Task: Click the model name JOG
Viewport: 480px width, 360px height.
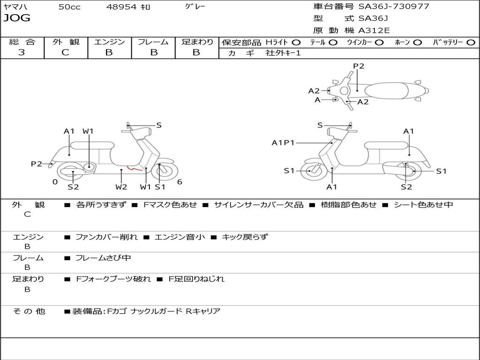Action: click(x=17, y=18)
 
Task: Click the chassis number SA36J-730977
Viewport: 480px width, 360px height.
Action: click(x=394, y=7)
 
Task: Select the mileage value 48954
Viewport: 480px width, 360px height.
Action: click(x=121, y=7)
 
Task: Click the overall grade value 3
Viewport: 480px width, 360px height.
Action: click(x=22, y=52)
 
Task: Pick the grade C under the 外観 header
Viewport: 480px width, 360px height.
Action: click(x=65, y=52)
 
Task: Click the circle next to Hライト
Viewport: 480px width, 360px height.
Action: click(x=296, y=43)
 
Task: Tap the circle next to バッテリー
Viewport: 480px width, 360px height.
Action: click(x=471, y=43)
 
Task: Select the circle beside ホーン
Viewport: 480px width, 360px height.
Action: click(x=417, y=43)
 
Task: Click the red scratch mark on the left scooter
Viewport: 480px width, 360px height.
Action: click(x=135, y=168)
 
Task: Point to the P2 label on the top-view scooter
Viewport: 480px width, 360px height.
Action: click(x=359, y=66)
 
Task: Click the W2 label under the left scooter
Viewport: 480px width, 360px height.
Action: click(x=121, y=187)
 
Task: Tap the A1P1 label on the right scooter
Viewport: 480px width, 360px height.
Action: click(x=283, y=142)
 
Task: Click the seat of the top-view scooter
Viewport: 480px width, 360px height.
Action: click(x=386, y=90)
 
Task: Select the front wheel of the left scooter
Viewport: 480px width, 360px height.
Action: click(x=160, y=171)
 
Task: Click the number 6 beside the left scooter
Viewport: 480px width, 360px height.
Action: click(x=180, y=182)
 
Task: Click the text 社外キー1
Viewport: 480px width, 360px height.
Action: click(x=283, y=53)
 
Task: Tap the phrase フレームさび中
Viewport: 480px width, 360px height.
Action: click(x=103, y=258)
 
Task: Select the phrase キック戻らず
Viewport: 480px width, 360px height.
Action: click(x=245, y=237)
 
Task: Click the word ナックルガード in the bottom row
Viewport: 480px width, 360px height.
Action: click(x=156, y=311)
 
